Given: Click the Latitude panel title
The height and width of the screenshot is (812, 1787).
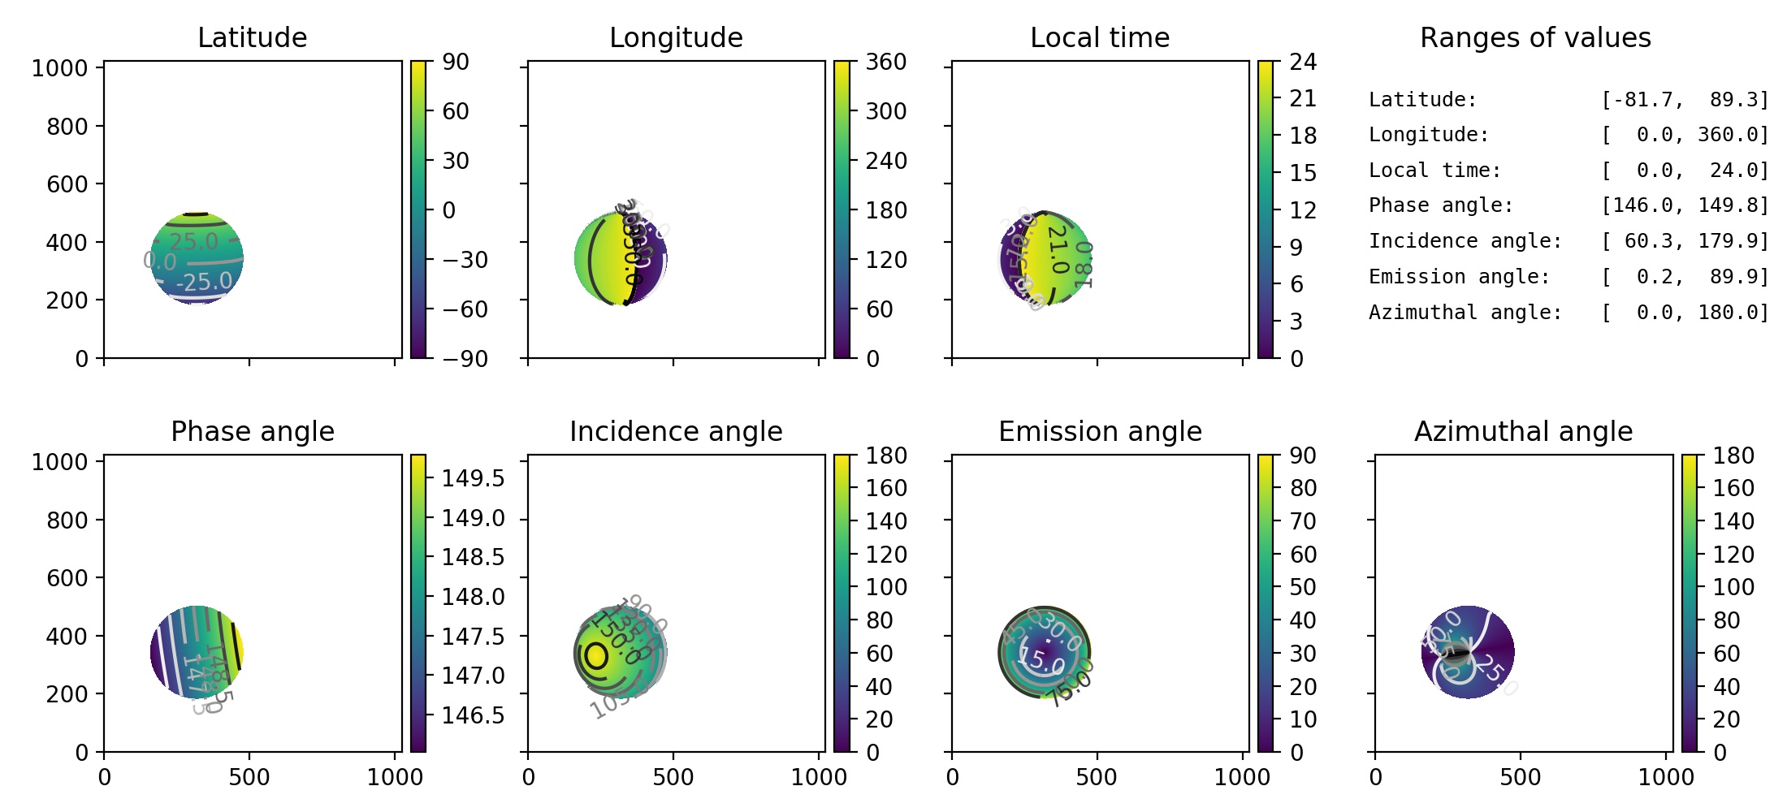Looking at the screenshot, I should pyautogui.click(x=252, y=37).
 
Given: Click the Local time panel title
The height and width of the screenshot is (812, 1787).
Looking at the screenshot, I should pyautogui.click(x=1100, y=37).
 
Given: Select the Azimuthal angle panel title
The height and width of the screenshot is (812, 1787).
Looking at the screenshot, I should pyautogui.click(x=1523, y=431).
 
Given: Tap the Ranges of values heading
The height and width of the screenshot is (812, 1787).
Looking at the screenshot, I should pyautogui.click(x=1535, y=37).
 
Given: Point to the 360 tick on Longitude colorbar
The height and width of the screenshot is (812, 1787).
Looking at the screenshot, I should pyautogui.click(x=885, y=62).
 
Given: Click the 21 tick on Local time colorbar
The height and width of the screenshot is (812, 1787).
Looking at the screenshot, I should pyautogui.click(x=1303, y=98).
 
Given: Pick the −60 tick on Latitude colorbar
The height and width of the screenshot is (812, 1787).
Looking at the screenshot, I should pyautogui.click(x=465, y=309).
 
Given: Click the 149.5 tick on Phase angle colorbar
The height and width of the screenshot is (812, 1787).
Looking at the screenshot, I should pyautogui.click(x=473, y=478).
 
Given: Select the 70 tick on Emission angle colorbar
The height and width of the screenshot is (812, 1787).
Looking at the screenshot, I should pyautogui.click(x=1303, y=521).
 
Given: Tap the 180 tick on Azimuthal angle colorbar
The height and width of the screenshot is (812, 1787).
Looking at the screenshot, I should pyautogui.click(x=1733, y=456).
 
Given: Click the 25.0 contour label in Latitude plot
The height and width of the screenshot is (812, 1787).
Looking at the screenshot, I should pyautogui.click(x=194, y=241).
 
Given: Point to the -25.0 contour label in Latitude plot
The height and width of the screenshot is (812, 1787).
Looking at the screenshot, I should pyautogui.click(x=205, y=282).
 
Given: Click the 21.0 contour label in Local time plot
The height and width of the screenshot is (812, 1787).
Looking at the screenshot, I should pyautogui.click(x=1057, y=248).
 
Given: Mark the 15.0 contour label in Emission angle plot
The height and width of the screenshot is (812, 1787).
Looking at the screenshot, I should pyautogui.click(x=1042, y=660).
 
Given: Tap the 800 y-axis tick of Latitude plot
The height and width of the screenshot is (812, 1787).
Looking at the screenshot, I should pyautogui.click(x=67, y=127).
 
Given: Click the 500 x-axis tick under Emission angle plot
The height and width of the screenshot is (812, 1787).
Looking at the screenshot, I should pyautogui.click(x=1096, y=777).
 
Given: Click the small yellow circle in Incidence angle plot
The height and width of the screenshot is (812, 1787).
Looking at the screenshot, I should pyautogui.click(x=596, y=655).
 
